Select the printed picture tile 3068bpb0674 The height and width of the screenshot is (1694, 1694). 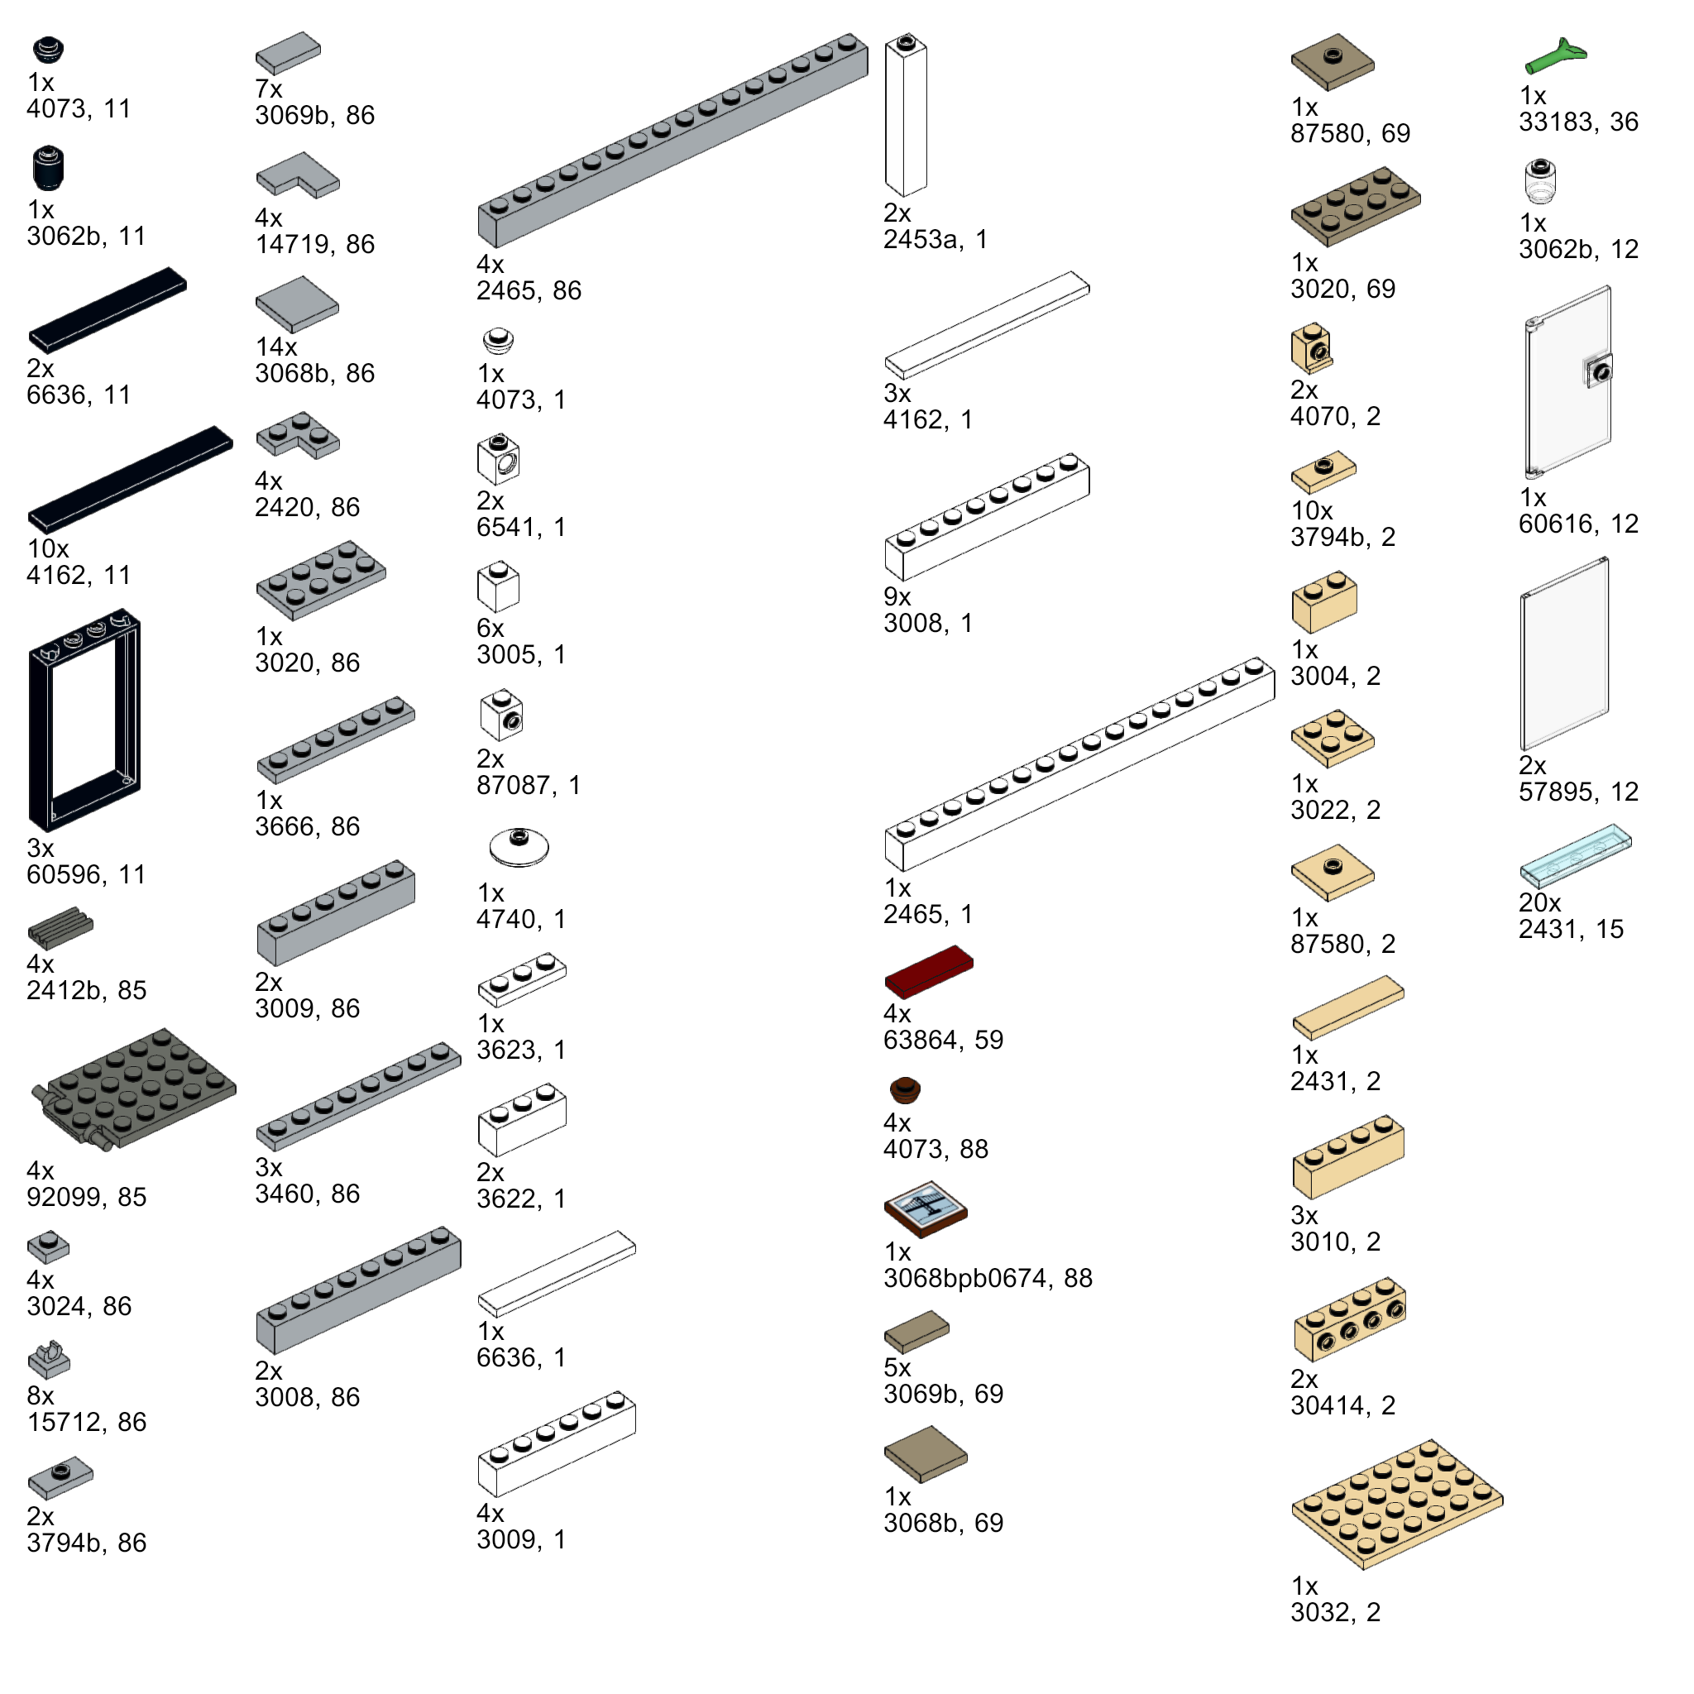coord(925,1209)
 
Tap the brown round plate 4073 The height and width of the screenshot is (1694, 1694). coord(905,1090)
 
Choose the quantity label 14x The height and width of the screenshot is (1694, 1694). coord(276,347)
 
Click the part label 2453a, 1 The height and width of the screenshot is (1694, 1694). coord(935,239)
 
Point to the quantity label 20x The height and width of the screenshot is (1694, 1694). coord(1539,903)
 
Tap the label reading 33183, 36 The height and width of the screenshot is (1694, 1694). coord(1578,122)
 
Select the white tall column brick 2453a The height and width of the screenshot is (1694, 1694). coord(906,116)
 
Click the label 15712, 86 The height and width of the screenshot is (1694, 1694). coord(86,1422)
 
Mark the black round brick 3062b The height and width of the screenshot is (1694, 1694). coord(48,169)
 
